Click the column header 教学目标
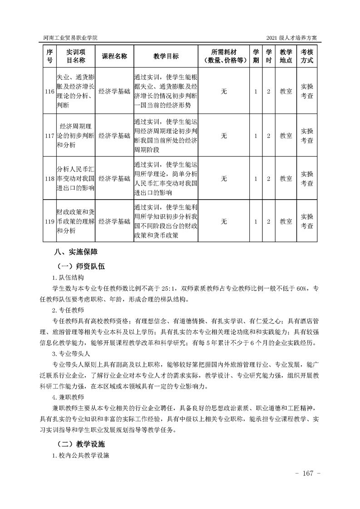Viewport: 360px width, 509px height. (x=166, y=56)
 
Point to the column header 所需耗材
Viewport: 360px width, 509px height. (x=224, y=56)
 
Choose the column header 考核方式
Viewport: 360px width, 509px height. (x=307, y=56)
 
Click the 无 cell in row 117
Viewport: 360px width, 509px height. (x=224, y=135)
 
